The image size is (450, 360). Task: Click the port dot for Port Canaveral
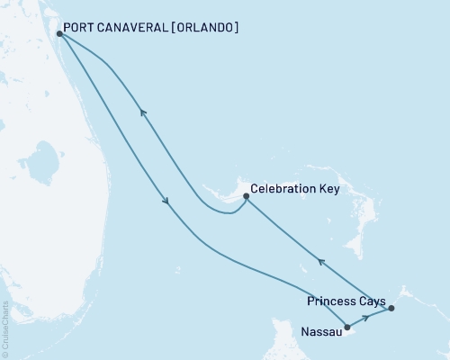pyautogui.click(x=59, y=34)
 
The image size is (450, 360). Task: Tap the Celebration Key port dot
pyautogui.click(x=245, y=194)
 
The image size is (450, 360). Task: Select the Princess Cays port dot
pyautogui.click(x=391, y=309)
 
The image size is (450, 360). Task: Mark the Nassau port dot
pyautogui.click(x=346, y=328)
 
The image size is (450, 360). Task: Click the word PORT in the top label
pyautogui.click(x=79, y=28)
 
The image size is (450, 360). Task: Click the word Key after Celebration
pyautogui.click(x=325, y=190)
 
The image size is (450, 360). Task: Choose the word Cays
pyautogui.click(x=372, y=301)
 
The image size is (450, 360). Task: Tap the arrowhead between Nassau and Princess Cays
pyautogui.click(x=366, y=318)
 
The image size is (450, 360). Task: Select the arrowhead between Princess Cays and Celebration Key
pyautogui.click(x=319, y=262)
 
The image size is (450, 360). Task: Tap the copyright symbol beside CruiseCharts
pyautogui.click(x=5, y=354)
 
